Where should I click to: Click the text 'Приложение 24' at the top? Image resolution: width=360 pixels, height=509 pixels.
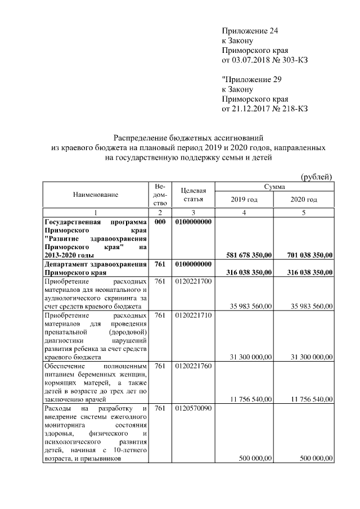[x=250, y=31]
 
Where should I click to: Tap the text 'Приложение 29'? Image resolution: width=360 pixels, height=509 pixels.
[x=251, y=79]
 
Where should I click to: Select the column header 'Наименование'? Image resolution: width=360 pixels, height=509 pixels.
[x=96, y=195]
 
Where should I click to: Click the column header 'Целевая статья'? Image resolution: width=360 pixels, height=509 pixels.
[x=193, y=195]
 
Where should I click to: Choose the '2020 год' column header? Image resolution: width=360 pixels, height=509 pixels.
[x=304, y=200]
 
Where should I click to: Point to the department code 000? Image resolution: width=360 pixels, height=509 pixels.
[x=160, y=222]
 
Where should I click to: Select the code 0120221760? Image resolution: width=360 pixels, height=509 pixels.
[x=193, y=366]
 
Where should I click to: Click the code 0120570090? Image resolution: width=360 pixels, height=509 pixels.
[x=193, y=408]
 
